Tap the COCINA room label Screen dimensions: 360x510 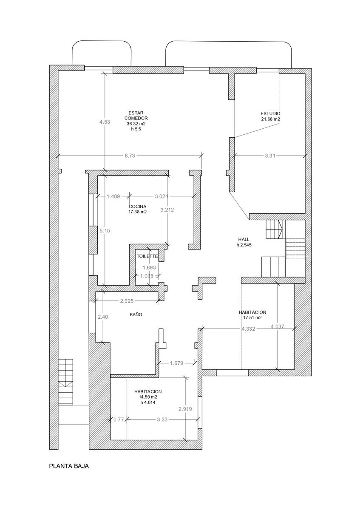click(138, 207)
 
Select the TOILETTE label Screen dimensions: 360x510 click(147, 256)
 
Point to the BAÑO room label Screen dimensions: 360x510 click(136, 314)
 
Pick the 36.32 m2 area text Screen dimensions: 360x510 click(136, 124)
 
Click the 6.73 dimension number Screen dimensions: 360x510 click(130, 156)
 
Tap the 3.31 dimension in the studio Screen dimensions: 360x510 click(270, 156)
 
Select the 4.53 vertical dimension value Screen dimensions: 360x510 click(105, 122)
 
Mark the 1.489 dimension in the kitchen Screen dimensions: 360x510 click(113, 196)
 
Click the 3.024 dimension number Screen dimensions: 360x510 click(162, 196)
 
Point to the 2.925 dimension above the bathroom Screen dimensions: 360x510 click(127, 301)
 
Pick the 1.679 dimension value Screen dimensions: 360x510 click(176, 363)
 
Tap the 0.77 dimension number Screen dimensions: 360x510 click(118, 419)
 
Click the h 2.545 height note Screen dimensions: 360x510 click(244, 245)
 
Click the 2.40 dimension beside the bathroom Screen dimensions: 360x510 click(103, 317)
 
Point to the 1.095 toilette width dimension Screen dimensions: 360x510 click(147, 276)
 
